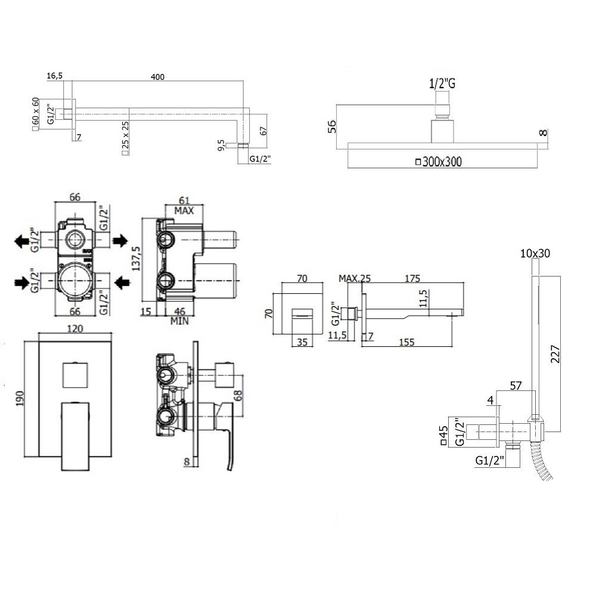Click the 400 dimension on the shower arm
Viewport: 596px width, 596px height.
tap(157, 76)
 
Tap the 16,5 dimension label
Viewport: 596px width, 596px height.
tap(54, 76)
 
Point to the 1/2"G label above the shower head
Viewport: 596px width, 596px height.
tap(442, 84)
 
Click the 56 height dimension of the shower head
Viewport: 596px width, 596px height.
tap(333, 126)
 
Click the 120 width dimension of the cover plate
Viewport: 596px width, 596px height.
tap(74, 328)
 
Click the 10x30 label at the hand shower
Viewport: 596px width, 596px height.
tap(535, 253)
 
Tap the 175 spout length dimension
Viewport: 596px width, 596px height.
tap(413, 278)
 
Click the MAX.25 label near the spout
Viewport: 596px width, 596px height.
tap(355, 278)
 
